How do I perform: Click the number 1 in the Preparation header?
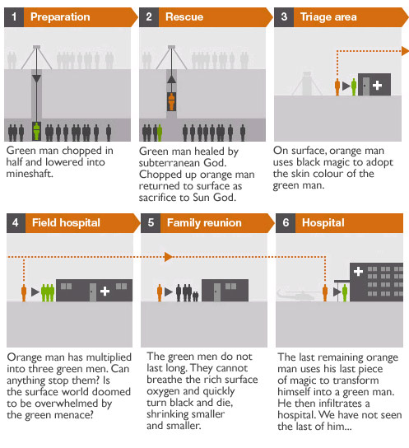tap(14, 16)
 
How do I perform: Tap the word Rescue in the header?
tap(184, 16)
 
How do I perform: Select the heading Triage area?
tap(328, 17)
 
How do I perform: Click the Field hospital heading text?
tap(66, 222)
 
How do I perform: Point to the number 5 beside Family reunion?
tap(151, 222)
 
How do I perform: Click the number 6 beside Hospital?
tap(286, 222)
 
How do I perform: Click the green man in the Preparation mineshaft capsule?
tap(36, 131)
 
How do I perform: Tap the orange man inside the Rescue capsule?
tap(171, 102)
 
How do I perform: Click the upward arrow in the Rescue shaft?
tap(171, 79)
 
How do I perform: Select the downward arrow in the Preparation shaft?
tap(36, 79)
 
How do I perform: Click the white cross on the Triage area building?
tap(378, 85)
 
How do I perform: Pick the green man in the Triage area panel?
tap(354, 86)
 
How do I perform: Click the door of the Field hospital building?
tap(93, 292)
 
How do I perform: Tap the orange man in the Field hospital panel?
tap(24, 293)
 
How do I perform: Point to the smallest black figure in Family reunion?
tap(196, 296)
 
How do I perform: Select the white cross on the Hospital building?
tap(358, 271)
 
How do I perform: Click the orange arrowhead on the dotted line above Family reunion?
tap(169, 257)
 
